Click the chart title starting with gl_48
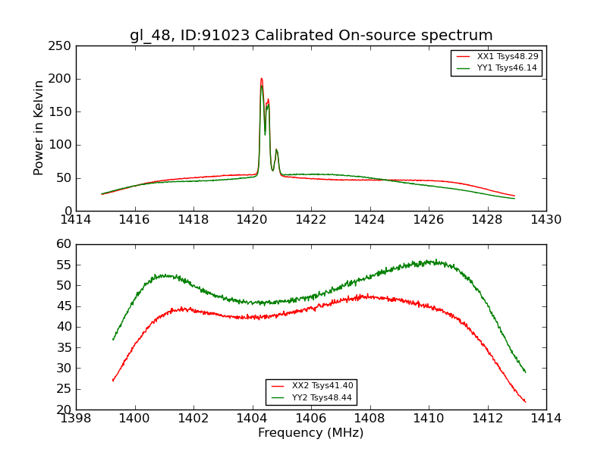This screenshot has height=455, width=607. tap(311, 36)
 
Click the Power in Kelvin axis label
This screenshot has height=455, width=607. tap(39, 128)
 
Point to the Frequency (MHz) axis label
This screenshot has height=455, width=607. tap(310, 433)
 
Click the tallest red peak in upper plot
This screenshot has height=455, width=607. tap(261, 78)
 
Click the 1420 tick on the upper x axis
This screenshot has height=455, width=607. tap(252, 220)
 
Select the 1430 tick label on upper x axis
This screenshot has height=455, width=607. tap(546, 220)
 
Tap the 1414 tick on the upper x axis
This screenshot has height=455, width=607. tap(76, 220)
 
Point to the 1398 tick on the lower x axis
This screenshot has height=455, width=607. tap(76, 419)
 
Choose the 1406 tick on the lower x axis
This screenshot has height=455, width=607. tap(310, 419)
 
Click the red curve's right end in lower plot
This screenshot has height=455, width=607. tap(525, 402)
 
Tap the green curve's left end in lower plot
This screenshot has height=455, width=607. tap(113, 339)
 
